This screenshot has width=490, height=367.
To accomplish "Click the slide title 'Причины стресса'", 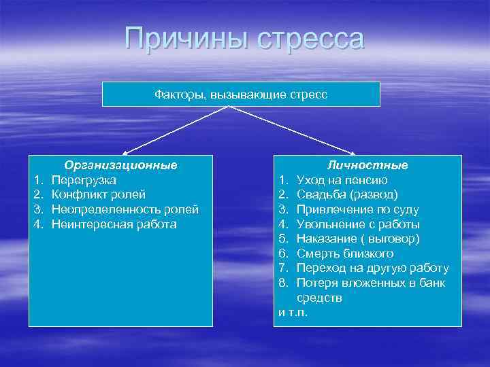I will (244, 39).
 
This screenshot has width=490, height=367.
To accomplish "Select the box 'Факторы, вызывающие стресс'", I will (241, 94).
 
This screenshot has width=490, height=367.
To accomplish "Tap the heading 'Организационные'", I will (120, 165).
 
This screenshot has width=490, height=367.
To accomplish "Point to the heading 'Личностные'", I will (367, 165).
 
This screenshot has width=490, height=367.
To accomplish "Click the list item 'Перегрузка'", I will (84, 180).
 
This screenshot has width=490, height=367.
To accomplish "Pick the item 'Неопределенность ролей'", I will (125, 209).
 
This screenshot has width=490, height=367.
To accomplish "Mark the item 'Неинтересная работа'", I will (114, 224).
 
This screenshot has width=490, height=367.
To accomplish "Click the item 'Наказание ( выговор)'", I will (358, 239).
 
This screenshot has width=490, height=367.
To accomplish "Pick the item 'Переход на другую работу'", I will (372, 268).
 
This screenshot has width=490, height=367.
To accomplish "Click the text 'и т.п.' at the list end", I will (293, 312).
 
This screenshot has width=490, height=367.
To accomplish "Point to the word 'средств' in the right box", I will (319, 298).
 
